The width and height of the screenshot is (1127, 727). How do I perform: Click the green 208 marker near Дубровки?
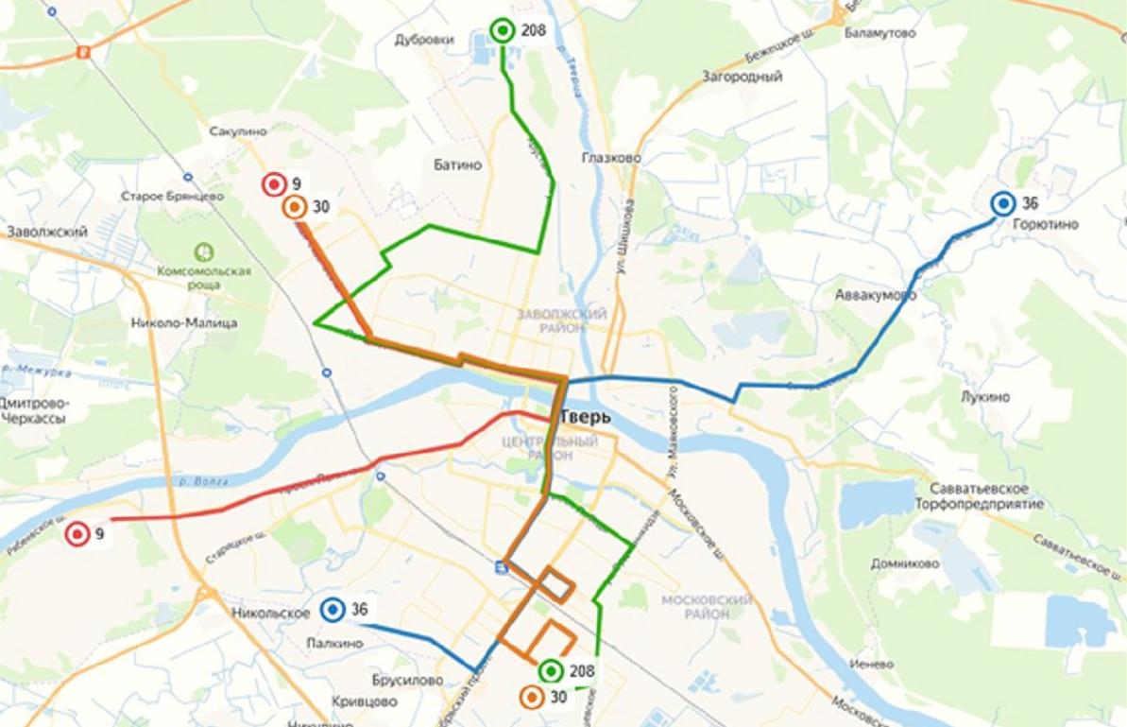coord(503,31)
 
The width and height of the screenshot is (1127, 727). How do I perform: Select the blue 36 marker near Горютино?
coord(1002,203)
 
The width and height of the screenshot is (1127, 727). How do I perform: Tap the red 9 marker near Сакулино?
coord(274,184)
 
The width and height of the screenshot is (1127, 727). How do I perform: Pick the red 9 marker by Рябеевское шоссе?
coord(77,534)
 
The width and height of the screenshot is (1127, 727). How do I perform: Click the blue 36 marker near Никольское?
coord(332,610)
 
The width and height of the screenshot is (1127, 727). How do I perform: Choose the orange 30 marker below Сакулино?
coord(295,207)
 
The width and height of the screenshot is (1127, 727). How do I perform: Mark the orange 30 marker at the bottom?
coord(532,698)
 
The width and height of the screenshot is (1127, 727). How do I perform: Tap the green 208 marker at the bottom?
coord(551,671)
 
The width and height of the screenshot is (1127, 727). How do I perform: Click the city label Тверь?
coord(586,417)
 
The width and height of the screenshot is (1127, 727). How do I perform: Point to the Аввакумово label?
coord(875,295)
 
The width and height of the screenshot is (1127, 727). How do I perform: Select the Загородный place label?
coord(742,77)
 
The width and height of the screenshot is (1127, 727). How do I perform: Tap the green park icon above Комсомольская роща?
coord(203,251)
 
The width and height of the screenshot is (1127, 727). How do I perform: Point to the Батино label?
coord(457,164)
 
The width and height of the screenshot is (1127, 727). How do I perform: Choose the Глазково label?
coord(612,158)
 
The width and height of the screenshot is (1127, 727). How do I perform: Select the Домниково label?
coord(904,563)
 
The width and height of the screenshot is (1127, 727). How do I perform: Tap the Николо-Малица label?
coord(184,323)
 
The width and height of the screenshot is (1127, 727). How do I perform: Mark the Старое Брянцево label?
coord(172,196)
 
